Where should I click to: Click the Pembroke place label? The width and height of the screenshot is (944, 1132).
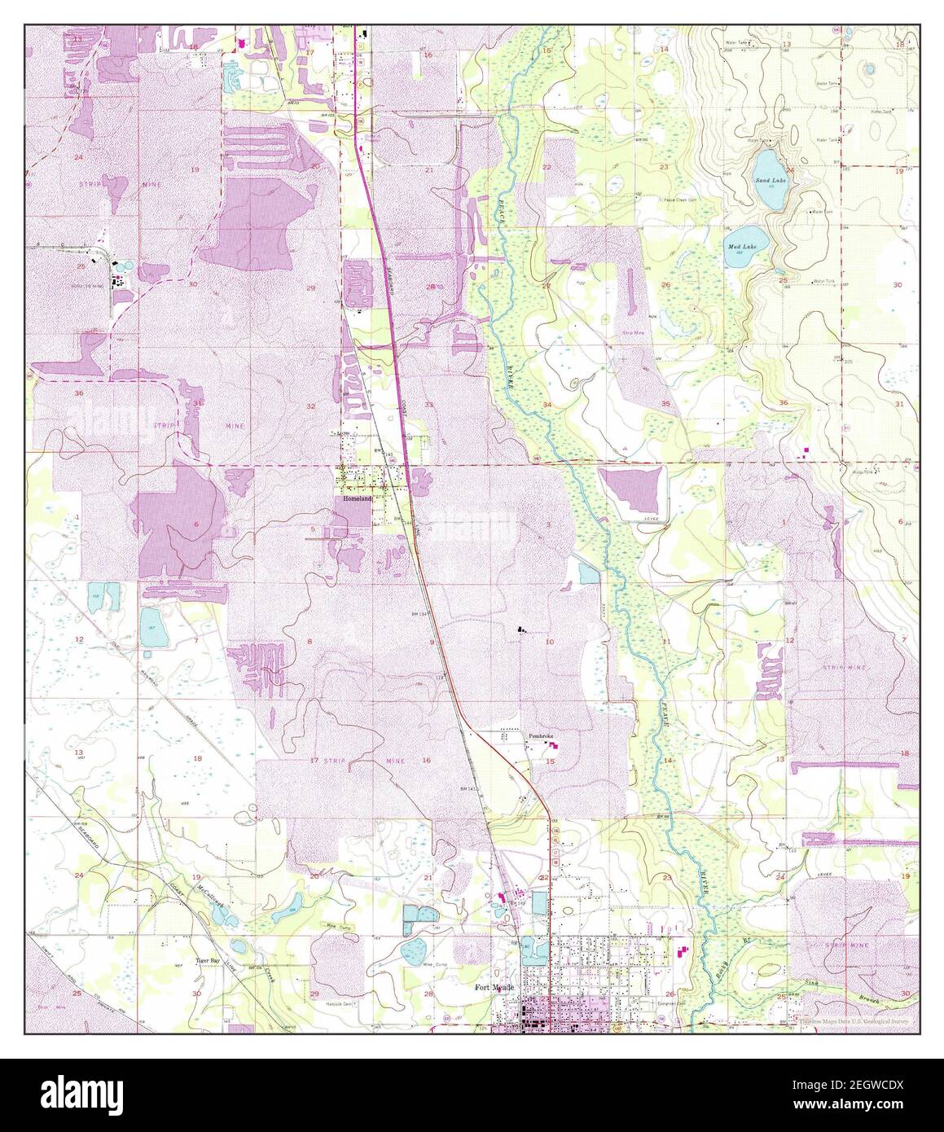tap(541, 736)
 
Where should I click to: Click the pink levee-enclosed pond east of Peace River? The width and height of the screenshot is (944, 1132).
tap(634, 491)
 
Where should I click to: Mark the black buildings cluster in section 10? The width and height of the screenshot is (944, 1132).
tap(521, 629)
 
